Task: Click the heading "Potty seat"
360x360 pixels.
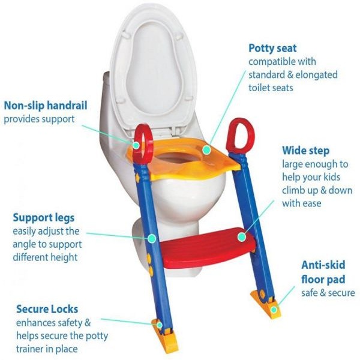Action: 272,49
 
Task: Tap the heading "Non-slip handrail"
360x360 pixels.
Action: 46,106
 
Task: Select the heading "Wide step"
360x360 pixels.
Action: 306,151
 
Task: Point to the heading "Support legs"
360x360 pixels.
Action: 44,218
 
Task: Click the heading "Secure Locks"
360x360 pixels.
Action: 47,309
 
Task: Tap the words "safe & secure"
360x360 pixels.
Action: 328,293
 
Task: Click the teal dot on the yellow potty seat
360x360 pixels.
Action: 206,149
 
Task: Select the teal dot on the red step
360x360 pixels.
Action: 242,237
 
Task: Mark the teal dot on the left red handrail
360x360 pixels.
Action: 136,145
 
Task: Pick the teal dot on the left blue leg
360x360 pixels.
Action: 152,239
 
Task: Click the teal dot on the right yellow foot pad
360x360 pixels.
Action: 274,310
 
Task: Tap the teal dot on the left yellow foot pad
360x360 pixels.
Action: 160,325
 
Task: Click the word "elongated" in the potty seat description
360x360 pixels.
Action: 317,75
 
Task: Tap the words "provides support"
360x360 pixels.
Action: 39,119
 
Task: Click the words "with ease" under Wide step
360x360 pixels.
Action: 301,203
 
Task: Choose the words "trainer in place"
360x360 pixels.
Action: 47,349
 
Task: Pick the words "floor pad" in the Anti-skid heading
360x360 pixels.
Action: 323,280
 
